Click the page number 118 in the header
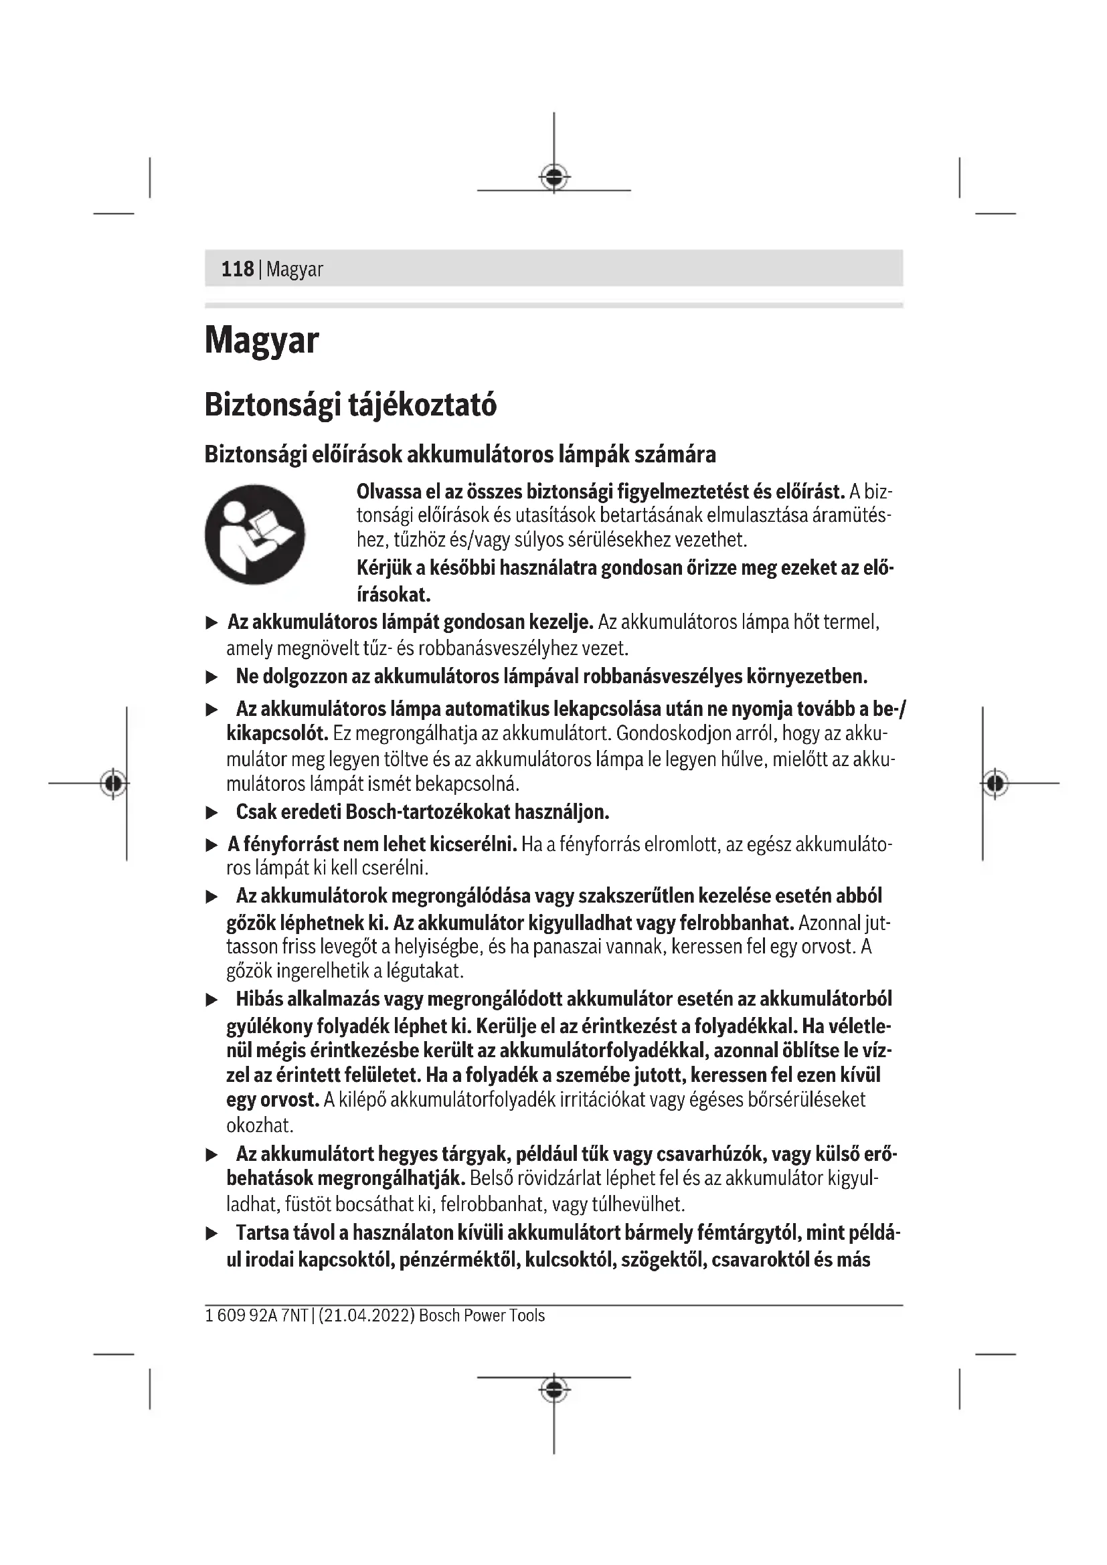[x=237, y=269]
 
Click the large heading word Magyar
[x=262, y=340]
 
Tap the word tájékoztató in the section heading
[x=422, y=405]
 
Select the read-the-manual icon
[x=255, y=535]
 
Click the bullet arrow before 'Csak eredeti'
[x=212, y=812]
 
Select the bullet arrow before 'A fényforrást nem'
[x=212, y=845]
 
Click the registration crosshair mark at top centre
[x=554, y=177]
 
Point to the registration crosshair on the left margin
[x=113, y=784]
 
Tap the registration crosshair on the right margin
[x=995, y=784]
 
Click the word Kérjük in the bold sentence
[x=384, y=568]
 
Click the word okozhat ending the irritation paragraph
[x=260, y=1125]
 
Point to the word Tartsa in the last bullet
[x=262, y=1232]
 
